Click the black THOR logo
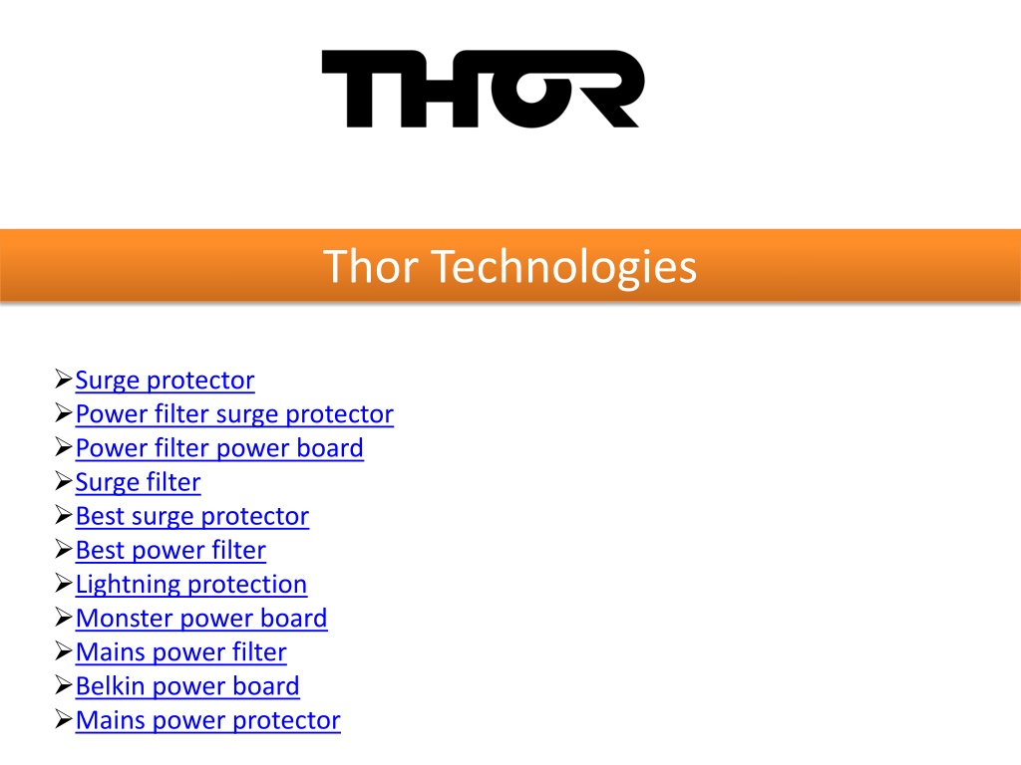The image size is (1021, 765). coord(484,89)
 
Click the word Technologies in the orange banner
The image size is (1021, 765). coord(564,267)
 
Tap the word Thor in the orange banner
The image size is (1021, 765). coord(371,267)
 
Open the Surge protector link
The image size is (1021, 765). coord(165,381)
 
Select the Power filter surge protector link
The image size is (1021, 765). coord(234,414)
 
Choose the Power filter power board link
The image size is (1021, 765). coord(219,448)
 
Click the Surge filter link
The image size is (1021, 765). coord(138,483)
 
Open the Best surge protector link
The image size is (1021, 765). coord(192,517)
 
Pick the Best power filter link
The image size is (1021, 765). coord(170,550)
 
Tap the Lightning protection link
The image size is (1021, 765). coord(191,584)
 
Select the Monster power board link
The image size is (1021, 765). coord(201,618)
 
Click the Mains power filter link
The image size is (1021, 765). coord(181,652)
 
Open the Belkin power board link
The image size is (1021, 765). coord(187,686)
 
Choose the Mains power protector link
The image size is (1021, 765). coord(207,720)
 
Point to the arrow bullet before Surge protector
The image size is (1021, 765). coord(63,379)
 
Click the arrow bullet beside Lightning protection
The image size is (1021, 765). coord(63,583)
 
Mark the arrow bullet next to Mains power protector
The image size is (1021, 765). coord(63,719)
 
